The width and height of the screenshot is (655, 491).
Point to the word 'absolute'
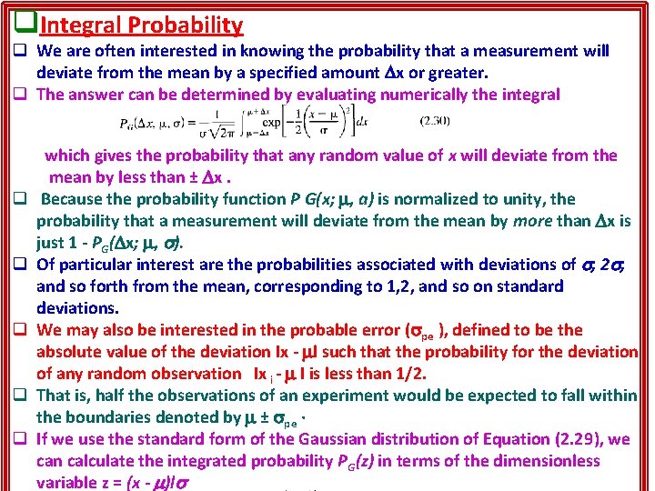tap(70, 352)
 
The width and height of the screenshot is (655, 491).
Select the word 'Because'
tap(79, 198)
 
